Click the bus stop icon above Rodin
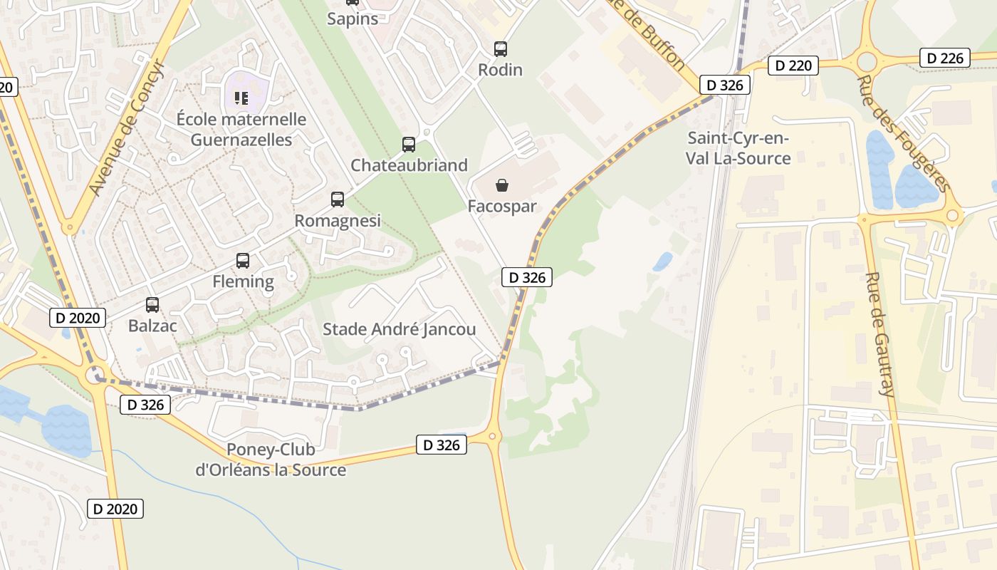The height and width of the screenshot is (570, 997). pyautogui.click(x=501, y=49)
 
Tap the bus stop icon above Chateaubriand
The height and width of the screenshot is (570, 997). pyautogui.click(x=409, y=145)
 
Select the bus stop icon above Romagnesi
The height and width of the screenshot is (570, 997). pyautogui.click(x=338, y=199)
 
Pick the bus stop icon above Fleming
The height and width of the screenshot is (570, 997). pyautogui.click(x=243, y=261)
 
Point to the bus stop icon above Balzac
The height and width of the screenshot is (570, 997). pyautogui.click(x=152, y=305)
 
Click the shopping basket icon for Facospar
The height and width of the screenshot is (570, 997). pyautogui.click(x=502, y=186)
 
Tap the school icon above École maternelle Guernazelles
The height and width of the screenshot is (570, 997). pyautogui.click(x=241, y=98)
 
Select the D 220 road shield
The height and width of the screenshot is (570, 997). pyautogui.click(x=793, y=66)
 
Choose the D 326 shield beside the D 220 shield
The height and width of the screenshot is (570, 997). pyautogui.click(x=725, y=85)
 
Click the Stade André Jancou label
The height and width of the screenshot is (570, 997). pyautogui.click(x=399, y=329)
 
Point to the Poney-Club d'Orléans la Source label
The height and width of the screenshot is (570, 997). pyautogui.click(x=271, y=460)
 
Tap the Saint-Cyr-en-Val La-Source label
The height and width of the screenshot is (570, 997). pyautogui.click(x=738, y=148)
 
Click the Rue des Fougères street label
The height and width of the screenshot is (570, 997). pyautogui.click(x=904, y=133)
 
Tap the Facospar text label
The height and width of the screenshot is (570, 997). pyautogui.click(x=502, y=207)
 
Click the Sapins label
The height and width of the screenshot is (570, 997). pyautogui.click(x=353, y=19)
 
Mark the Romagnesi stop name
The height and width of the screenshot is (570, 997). pyautogui.click(x=338, y=221)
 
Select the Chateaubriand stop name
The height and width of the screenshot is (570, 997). pyautogui.click(x=409, y=165)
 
